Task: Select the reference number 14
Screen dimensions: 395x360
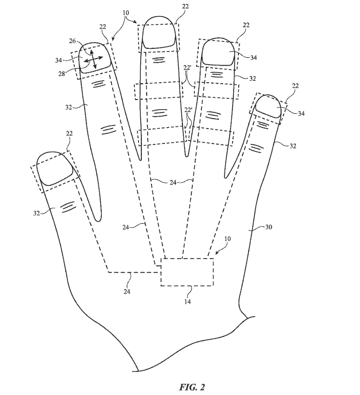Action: point(188,302)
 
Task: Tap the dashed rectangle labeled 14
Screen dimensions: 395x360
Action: point(187,272)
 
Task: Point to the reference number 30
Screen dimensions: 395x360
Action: point(268,227)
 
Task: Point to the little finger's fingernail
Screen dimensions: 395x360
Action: point(269,106)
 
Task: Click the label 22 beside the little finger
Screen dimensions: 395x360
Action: point(295,86)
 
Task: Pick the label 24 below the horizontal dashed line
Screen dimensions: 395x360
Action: point(127,291)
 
